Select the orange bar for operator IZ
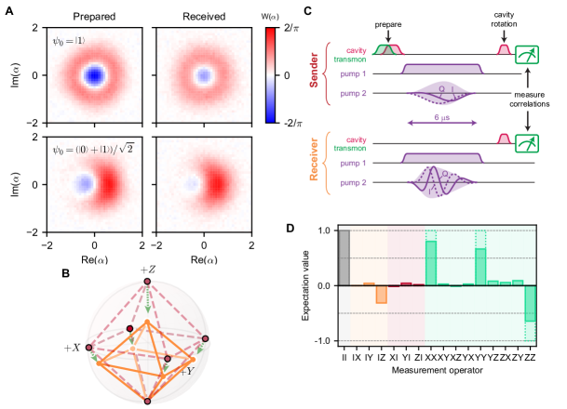pos(381,294)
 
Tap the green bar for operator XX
pos(431,263)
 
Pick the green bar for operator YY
pos(480,267)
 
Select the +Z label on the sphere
pos(147,270)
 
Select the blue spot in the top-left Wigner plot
pos(95,73)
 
